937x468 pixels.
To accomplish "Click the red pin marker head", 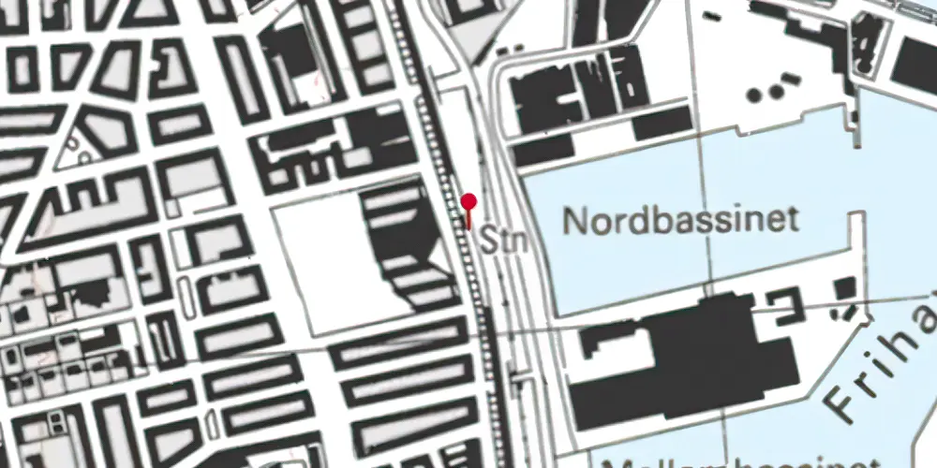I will pyautogui.click(x=469, y=200).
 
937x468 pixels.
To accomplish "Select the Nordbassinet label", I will pyautogui.click(x=681, y=221).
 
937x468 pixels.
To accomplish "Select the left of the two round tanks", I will pyautogui.click(x=755, y=95).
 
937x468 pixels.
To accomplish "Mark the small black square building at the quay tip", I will pyautogui.click(x=845, y=287).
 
